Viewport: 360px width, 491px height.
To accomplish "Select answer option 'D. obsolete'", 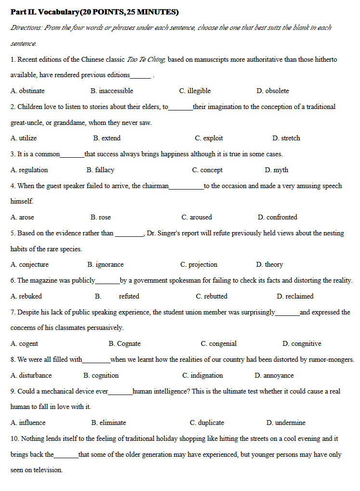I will (273, 91).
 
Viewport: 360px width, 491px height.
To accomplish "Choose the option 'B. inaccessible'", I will (112, 91).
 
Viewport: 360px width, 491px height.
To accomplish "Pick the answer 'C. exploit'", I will (209, 138).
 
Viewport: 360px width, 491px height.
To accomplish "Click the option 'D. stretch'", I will (286, 138).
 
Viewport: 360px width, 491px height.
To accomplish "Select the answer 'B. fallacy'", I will (100, 170).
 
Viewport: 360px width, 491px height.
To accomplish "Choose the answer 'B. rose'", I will (100, 217).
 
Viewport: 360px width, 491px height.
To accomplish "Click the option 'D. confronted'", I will (277, 217).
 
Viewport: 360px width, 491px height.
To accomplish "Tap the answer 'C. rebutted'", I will (212, 296).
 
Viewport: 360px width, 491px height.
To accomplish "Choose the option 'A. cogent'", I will (24, 343).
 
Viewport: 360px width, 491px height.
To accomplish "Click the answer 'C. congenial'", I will (218, 343).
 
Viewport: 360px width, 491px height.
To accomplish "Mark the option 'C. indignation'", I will (202, 375).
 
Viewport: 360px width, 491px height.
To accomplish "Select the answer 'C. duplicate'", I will (207, 423).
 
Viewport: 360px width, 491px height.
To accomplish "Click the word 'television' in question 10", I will (48, 470).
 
